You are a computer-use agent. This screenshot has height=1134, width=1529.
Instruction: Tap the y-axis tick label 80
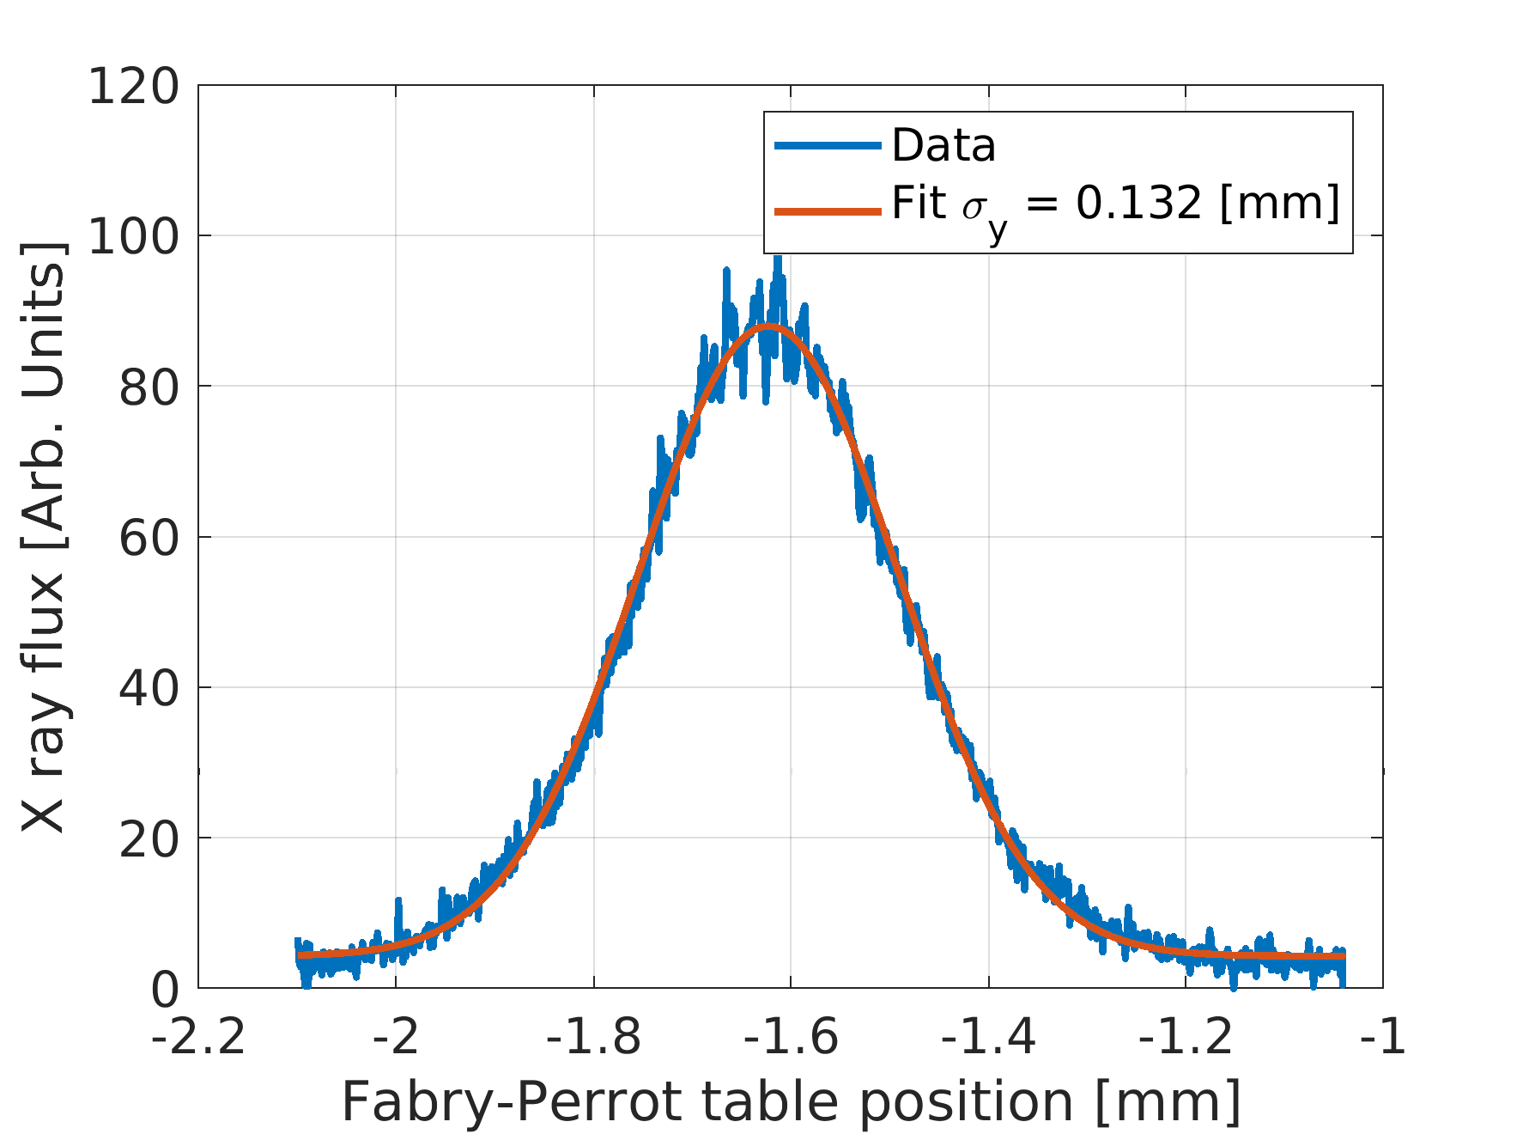(149, 388)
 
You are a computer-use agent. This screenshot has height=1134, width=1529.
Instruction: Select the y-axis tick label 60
(149, 539)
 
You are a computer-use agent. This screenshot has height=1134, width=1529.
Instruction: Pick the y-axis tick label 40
(149, 689)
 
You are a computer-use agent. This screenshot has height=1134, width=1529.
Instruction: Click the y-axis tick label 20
(149, 839)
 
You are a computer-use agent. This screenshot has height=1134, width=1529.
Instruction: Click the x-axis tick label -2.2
(199, 1038)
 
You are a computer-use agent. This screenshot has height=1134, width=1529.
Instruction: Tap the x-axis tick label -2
(396, 1038)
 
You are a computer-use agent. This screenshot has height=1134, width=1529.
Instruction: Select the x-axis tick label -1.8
(593, 1038)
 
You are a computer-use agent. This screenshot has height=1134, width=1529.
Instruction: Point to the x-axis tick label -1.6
(791, 1038)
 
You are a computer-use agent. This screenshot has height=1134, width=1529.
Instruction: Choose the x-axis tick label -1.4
(988, 1038)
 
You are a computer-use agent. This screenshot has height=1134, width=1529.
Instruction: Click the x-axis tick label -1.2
(1186, 1038)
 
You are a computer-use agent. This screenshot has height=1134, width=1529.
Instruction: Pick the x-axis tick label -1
(1382, 1038)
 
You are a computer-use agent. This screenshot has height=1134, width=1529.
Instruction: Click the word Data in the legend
(943, 145)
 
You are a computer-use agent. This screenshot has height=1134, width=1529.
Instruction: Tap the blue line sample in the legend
(828, 145)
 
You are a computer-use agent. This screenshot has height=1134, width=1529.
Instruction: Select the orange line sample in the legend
(828, 210)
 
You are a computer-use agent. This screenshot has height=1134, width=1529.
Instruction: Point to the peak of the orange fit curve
(769, 326)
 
